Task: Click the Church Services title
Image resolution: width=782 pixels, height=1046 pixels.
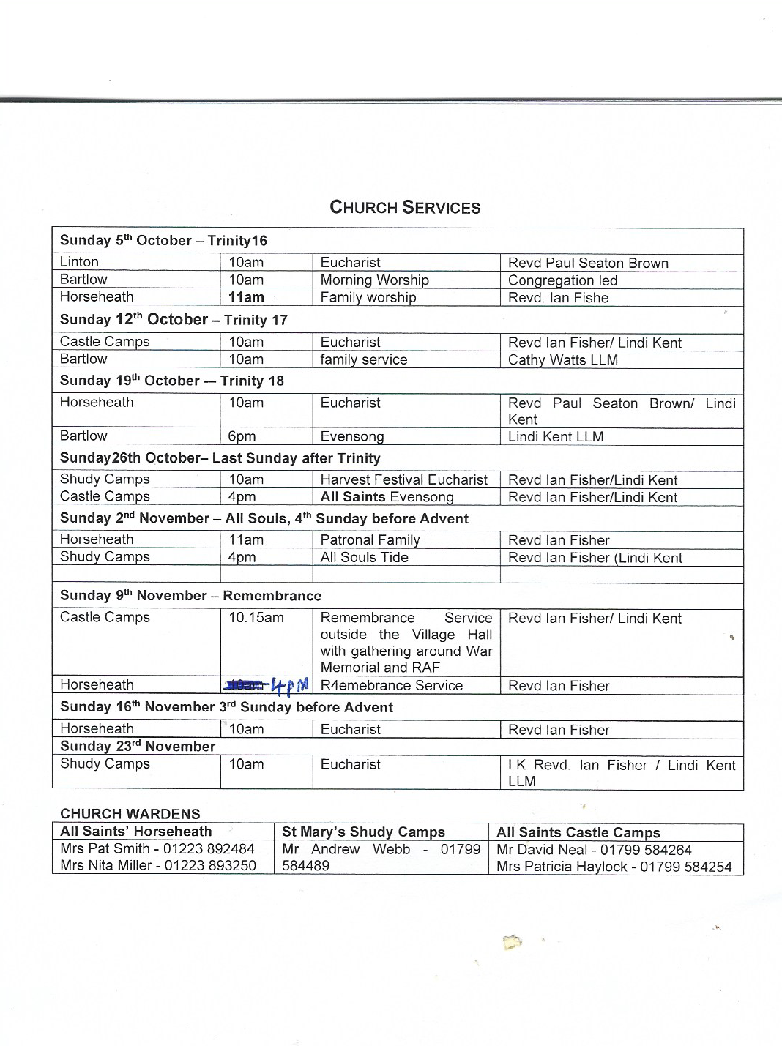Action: point(405,207)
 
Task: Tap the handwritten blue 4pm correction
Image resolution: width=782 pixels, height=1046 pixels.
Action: point(290,686)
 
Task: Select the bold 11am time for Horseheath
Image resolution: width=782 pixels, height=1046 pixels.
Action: point(246,297)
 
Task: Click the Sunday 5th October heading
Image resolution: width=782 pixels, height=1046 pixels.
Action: point(163,240)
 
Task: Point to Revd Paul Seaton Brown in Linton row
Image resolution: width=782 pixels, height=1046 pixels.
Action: point(588,263)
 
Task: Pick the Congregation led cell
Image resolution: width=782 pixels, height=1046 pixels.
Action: point(562,280)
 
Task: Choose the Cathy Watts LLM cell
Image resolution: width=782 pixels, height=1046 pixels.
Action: point(562,359)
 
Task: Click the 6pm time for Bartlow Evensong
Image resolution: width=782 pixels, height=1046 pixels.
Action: point(242,436)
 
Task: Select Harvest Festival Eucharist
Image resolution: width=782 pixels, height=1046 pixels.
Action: point(403,479)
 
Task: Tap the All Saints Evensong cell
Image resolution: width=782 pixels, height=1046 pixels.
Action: point(387,497)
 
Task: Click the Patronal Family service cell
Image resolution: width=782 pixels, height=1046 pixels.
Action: point(370,540)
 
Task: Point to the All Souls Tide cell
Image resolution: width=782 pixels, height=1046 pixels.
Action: point(364,557)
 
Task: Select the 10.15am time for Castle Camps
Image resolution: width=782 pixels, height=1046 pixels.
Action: point(256,618)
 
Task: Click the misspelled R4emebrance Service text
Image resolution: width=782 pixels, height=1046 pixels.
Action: point(391,686)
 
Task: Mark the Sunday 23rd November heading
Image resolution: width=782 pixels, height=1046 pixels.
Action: point(138,747)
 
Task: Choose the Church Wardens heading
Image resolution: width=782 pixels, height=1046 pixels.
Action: point(130,814)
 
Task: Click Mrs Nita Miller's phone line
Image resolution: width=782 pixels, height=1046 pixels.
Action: point(158,865)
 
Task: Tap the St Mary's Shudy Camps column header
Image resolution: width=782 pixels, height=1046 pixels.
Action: point(363,832)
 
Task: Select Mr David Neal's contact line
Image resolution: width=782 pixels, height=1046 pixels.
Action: point(594,850)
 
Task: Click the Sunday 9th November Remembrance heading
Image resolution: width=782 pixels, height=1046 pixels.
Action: point(190,596)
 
